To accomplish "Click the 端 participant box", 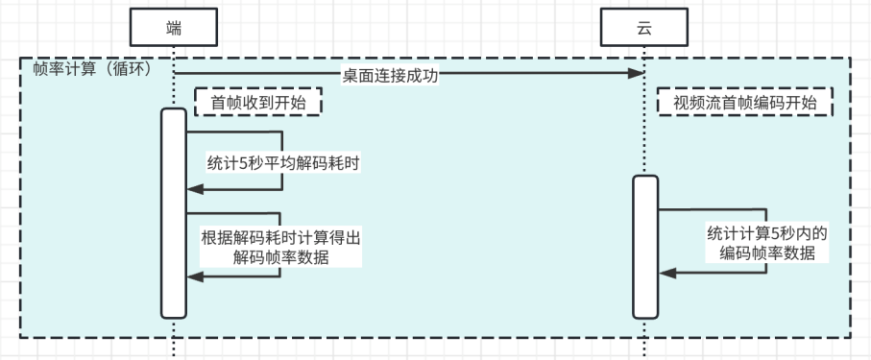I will (x=173, y=29).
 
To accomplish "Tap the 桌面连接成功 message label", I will (x=391, y=76).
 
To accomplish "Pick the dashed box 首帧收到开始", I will (x=257, y=102).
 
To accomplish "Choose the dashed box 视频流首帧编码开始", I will (x=744, y=102).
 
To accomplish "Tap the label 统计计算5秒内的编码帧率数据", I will (x=767, y=243).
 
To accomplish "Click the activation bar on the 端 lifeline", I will (x=173, y=212).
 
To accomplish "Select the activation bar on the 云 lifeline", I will (x=644, y=246).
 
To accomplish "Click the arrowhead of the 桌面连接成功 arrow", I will (x=636, y=74).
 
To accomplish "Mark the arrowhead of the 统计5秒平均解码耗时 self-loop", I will (x=192, y=189).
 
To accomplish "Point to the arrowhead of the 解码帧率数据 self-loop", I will (x=192, y=276).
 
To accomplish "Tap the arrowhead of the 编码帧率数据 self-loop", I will (x=664, y=274).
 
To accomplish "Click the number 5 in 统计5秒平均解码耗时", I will (x=244, y=162).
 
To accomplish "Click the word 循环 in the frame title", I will (x=128, y=70).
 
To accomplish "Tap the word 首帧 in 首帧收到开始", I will (x=227, y=102).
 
